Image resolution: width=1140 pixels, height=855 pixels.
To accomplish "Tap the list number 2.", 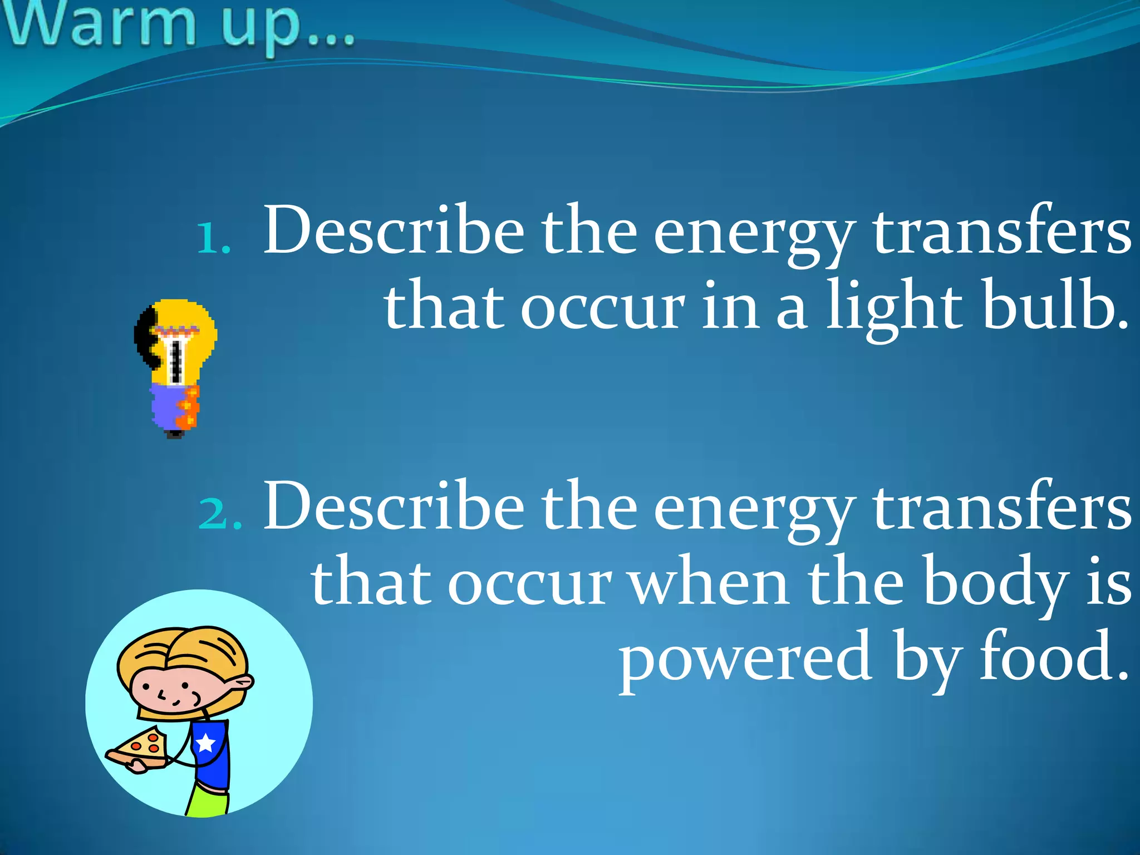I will point(220,513).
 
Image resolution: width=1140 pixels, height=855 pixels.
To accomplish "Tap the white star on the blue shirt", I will point(206,742).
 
